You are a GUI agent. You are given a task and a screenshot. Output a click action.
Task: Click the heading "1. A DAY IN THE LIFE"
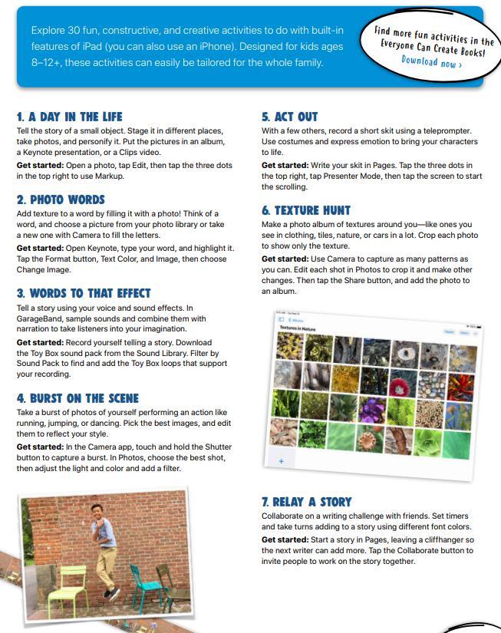69,117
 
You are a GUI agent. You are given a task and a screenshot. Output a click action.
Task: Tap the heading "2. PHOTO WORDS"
61,199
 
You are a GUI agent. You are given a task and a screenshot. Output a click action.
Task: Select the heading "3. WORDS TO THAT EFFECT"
84,293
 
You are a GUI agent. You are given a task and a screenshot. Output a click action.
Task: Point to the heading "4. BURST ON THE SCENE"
77,398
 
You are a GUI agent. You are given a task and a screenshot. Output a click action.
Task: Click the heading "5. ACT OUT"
289,117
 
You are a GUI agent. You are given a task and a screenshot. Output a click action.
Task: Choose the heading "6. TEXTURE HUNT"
305,210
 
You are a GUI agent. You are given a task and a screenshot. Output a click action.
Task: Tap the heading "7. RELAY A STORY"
307,502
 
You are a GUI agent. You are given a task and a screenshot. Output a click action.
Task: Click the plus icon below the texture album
282,461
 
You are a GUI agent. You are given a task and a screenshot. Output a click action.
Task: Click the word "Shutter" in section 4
215,447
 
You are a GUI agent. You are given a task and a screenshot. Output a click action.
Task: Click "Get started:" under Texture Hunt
284,259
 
